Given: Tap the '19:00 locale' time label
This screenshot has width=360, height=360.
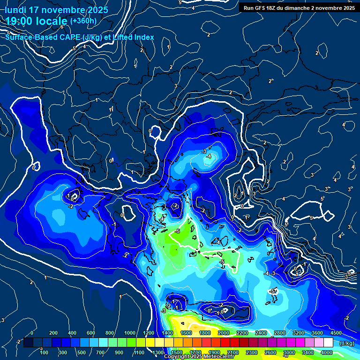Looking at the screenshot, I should pyautogui.click(x=37, y=21).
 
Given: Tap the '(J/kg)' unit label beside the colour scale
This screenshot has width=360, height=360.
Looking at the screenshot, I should pyautogui.click(x=347, y=343).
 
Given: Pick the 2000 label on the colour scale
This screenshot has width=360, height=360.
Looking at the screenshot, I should pyautogui.click(x=224, y=333).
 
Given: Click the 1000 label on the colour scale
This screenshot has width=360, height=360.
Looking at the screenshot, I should pyautogui.click(x=130, y=333).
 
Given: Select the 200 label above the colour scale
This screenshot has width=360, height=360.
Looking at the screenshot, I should pyautogui.click(x=53, y=333).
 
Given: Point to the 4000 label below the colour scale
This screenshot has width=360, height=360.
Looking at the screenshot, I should pyautogui.click(x=327, y=352).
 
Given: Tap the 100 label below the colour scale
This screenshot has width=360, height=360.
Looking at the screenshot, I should pyautogui.click(x=44, y=352).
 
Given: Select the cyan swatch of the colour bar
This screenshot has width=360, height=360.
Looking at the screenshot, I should pyautogui.click(x=102, y=343).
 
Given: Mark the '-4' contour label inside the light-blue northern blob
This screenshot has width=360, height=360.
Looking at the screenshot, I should pyautogui.click(x=209, y=156).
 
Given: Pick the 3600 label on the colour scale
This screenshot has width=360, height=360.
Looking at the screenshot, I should pyautogui.click(x=317, y=333).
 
